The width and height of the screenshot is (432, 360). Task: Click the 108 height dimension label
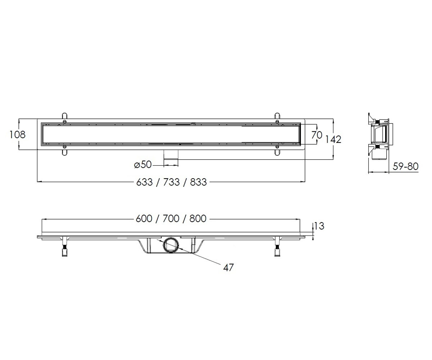click(18, 135)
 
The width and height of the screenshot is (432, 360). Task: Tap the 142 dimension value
click(333, 139)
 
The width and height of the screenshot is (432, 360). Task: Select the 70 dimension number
click(317, 135)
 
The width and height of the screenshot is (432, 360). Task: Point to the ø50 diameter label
click(143, 165)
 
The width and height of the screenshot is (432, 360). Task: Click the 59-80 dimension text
click(405, 167)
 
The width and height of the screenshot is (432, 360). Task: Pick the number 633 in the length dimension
click(145, 182)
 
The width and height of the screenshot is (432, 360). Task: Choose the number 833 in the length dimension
click(198, 182)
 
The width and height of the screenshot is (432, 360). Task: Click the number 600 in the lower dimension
click(144, 219)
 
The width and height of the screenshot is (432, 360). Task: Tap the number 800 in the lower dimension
click(198, 219)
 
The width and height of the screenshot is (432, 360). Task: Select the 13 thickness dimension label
click(319, 226)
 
